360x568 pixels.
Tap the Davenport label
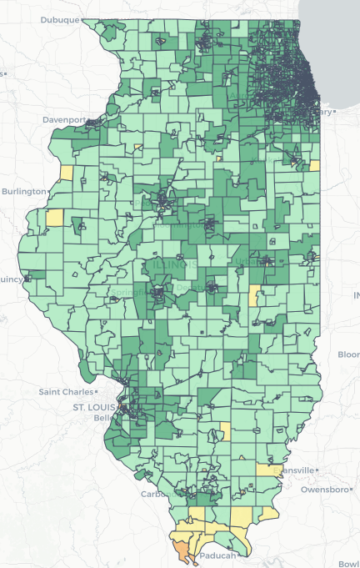coord(66,119)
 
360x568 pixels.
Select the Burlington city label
coord(24,191)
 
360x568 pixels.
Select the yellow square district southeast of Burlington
coord(54,218)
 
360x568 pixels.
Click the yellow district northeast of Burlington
coord(67,173)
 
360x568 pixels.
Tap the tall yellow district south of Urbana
coord(254,295)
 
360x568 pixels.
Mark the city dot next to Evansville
coord(315,470)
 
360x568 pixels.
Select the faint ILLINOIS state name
coord(172,264)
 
